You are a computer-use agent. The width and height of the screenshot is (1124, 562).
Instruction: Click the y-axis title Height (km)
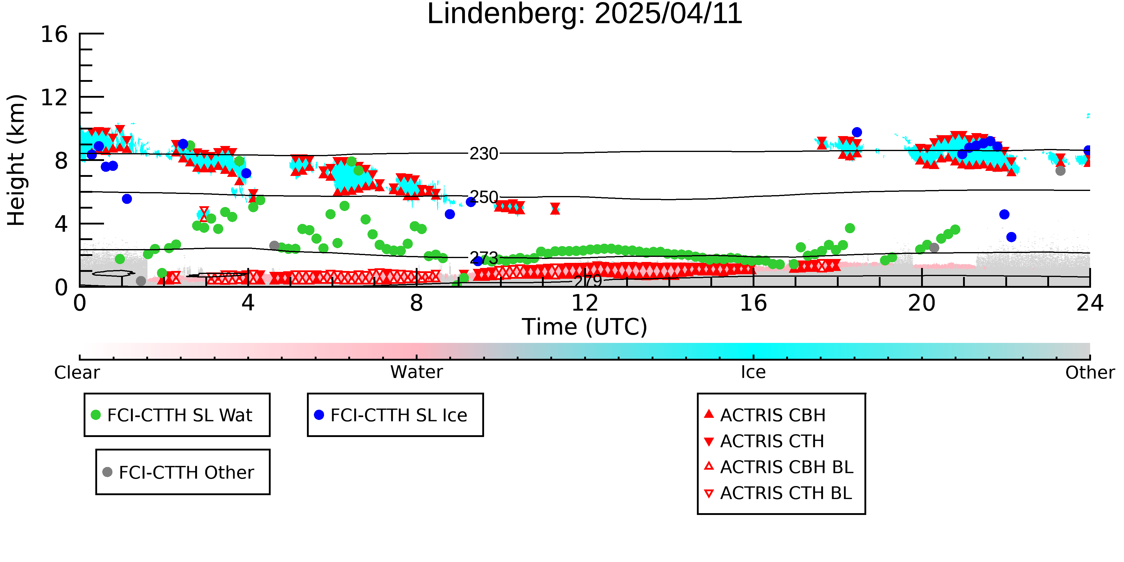click(x=16, y=160)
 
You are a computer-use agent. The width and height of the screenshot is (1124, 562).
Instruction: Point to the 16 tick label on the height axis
click(x=54, y=34)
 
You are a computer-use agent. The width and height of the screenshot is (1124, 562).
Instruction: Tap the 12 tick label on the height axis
click(x=54, y=97)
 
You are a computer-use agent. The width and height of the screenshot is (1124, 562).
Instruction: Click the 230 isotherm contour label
click(x=483, y=153)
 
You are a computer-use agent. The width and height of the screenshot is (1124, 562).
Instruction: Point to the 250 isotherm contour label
click(x=483, y=197)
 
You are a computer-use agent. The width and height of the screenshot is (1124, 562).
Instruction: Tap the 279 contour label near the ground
click(x=588, y=281)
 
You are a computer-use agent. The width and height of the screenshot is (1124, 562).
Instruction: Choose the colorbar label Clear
click(x=77, y=373)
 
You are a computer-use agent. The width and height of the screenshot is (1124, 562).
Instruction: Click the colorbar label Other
click(x=1090, y=373)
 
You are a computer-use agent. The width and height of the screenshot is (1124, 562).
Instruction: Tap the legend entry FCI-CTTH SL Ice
click(x=391, y=415)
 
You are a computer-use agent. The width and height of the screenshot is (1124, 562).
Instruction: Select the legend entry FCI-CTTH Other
click(x=178, y=472)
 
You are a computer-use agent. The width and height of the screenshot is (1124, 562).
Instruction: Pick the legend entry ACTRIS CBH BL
click(x=779, y=467)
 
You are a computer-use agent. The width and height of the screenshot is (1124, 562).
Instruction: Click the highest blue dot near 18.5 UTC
click(x=857, y=132)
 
